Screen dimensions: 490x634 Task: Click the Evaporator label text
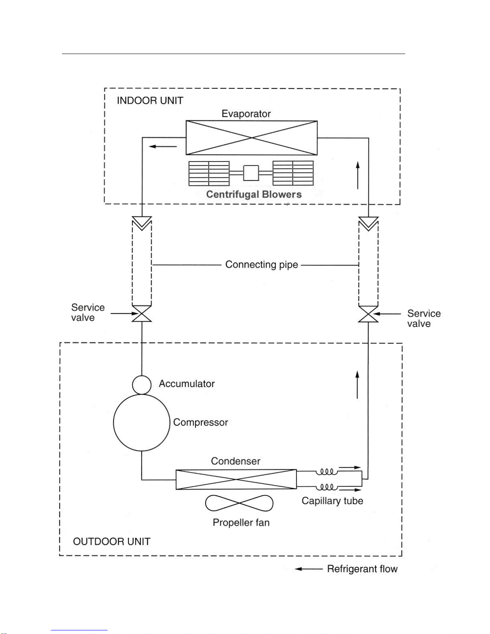246,114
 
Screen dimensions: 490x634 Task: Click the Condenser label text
235,461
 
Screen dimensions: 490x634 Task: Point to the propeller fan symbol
239,503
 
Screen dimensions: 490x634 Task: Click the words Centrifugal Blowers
254,194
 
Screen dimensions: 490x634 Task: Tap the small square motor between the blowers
251,173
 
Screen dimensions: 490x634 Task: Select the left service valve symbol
142,314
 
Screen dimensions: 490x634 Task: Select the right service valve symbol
368,314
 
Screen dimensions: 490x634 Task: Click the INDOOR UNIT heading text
150,101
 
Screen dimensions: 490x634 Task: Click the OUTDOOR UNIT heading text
112,542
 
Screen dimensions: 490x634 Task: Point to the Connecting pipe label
262,265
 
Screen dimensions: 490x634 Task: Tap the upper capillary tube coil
327,472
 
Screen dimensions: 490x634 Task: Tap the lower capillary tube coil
327,487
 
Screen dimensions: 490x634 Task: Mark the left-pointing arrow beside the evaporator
163,146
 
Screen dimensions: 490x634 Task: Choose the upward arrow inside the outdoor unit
357,384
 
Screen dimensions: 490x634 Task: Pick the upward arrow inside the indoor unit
358,175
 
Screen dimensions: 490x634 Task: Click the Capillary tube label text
332,501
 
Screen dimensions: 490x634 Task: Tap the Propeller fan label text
241,522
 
